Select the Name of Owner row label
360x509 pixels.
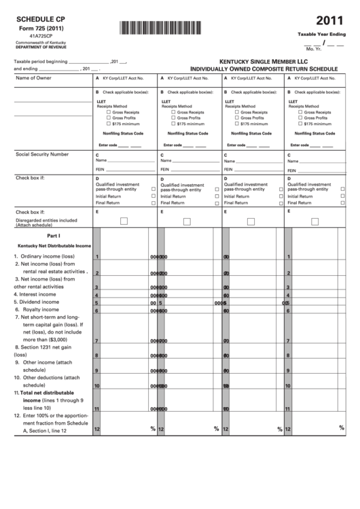point(34,78)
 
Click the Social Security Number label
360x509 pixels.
point(42,154)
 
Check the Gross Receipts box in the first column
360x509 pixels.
point(108,112)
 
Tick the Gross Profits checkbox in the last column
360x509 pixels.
point(300,118)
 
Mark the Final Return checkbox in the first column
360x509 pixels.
point(153,203)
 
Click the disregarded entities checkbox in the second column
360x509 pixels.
point(187,221)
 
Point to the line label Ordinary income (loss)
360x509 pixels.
point(53,256)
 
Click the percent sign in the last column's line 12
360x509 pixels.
point(341,428)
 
